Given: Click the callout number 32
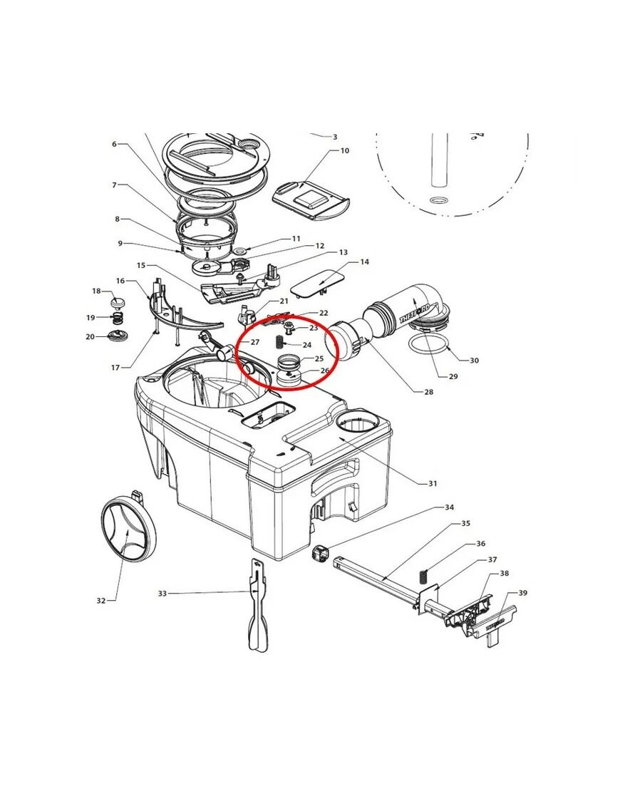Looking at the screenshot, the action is click(x=101, y=600).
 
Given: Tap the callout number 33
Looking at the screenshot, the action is click(x=162, y=594).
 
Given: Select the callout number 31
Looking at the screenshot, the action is click(x=433, y=483).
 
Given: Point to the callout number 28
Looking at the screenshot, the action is click(x=429, y=391).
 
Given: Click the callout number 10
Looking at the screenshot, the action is click(x=344, y=150).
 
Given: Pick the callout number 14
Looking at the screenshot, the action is click(x=364, y=262).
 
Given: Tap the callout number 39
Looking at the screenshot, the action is click(x=522, y=593).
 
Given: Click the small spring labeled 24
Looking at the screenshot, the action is click(x=279, y=342).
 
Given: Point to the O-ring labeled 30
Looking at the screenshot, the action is click(x=429, y=345).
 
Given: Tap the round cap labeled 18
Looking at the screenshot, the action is click(x=118, y=303).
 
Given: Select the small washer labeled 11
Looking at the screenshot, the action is click(x=239, y=251).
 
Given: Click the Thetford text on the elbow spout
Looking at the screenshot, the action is click(x=415, y=314).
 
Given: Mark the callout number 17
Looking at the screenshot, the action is click(x=115, y=368).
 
